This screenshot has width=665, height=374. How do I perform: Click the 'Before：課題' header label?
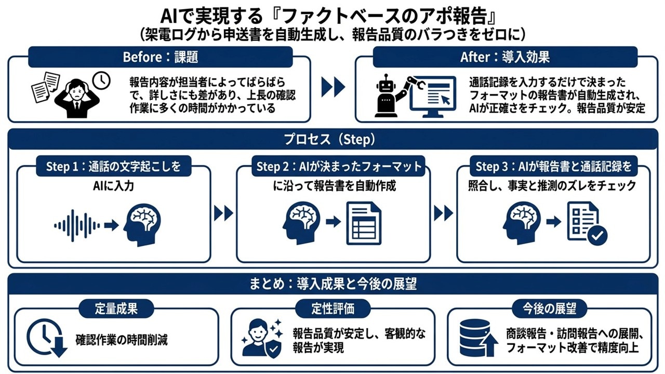(x=160, y=57)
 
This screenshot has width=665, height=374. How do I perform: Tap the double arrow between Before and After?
(x=332, y=87)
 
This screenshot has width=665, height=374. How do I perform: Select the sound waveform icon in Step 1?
(x=77, y=225)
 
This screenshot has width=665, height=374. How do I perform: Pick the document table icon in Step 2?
(x=363, y=223)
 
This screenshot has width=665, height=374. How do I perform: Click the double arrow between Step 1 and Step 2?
(x=223, y=212)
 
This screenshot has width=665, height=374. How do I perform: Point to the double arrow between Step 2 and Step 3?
(x=443, y=212)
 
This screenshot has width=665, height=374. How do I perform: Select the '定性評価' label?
(x=332, y=309)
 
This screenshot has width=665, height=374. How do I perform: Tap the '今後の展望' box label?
(x=549, y=309)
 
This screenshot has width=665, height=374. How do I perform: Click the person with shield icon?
(x=262, y=338)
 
